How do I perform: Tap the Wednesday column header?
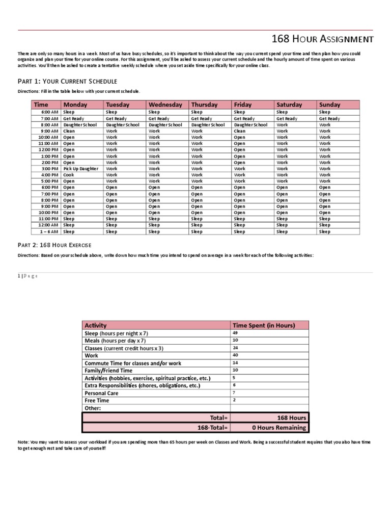tap(165, 105)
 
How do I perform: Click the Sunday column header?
tap(329, 105)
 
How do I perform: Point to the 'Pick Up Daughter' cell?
tap(80, 169)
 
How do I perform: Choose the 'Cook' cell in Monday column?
tap(69, 175)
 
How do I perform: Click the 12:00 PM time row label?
tap(49, 150)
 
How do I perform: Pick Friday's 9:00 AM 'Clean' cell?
tap(239, 131)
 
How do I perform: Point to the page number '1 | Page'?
tap(28, 276)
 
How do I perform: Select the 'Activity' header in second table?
tap(96, 325)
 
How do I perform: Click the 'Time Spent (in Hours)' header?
tap(262, 325)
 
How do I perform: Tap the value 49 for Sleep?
tap(236, 332)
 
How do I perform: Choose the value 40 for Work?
tap(236, 355)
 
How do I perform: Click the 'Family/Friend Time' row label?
tap(108, 371)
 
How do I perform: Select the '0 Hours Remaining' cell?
tap(279, 428)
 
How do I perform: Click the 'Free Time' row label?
tap(97, 401)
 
